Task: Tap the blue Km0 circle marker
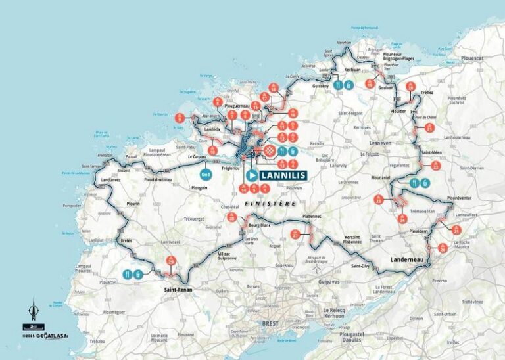pyautogui.click(x=206, y=175)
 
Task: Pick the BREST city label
pyautogui.click(x=271, y=323)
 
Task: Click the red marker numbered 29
pyautogui.click(x=171, y=261)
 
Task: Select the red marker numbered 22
pyautogui.click(x=437, y=166)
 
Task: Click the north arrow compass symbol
pyautogui.click(x=34, y=307)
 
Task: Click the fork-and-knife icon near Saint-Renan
pyautogui.click(x=125, y=274)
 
